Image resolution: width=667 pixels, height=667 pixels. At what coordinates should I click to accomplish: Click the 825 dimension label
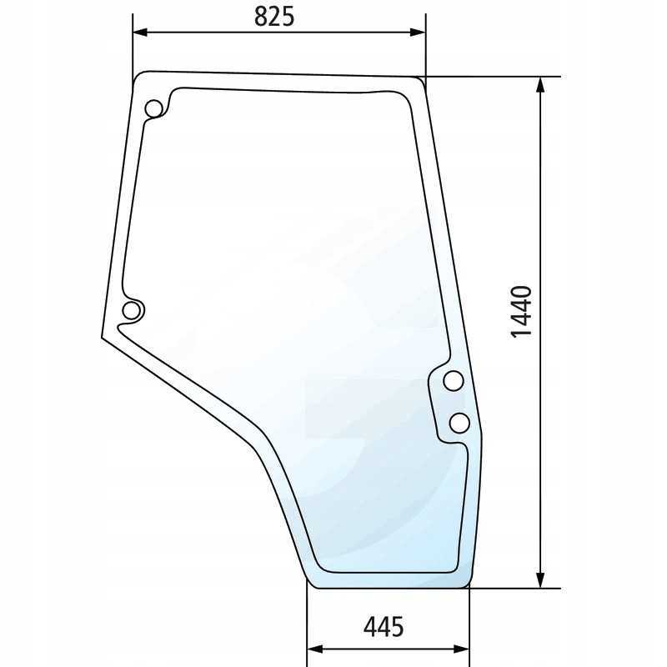(274, 17)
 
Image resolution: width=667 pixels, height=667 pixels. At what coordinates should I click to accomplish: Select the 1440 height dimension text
(520, 312)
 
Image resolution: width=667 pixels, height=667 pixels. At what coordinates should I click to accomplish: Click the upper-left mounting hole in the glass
(153, 109)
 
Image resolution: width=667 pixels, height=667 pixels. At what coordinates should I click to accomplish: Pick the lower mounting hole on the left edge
(131, 310)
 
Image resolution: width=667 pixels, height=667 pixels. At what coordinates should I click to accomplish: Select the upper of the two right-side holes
(453, 381)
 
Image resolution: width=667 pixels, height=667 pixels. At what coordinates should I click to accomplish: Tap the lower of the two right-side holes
(459, 423)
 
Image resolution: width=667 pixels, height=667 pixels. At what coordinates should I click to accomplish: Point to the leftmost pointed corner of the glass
(102, 337)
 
